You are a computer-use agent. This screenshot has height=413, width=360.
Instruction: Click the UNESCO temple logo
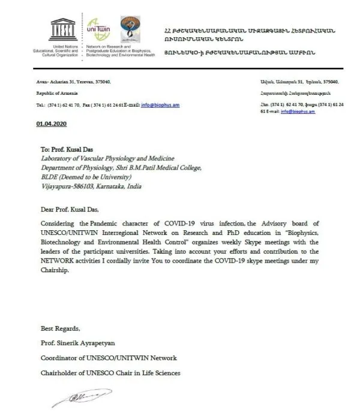coord(62,31)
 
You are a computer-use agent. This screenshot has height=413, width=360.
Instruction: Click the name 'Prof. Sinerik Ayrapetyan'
coord(80,343)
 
